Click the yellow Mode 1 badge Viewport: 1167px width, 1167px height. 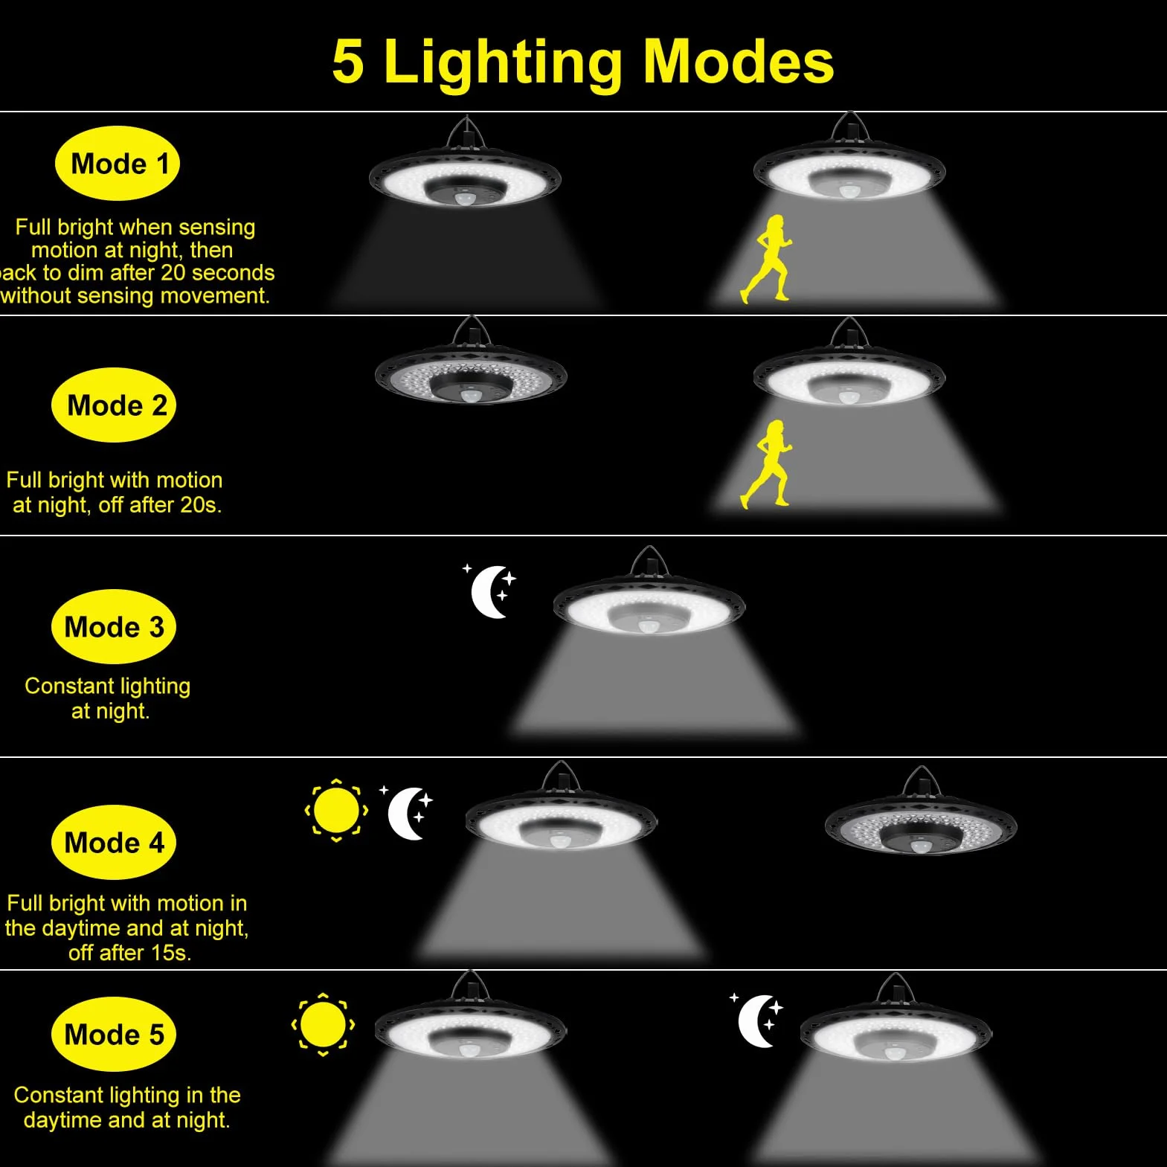[118, 164]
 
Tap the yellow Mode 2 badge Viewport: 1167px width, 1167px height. [114, 405]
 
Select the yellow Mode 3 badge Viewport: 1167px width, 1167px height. [114, 627]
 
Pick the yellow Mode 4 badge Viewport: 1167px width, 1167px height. [114, 843]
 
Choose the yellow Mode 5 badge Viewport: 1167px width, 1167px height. [114, 1035]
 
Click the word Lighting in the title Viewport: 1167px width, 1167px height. [503, 63]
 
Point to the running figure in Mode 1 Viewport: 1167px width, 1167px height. [766, 259]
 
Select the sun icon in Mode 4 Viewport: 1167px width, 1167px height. [336, 810]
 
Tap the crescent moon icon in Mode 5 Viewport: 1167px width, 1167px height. [757, 1020]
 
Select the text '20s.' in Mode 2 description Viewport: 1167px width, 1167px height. [201, 505]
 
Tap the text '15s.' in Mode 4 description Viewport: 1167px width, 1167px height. [171, 953]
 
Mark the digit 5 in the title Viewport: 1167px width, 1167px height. [348, 62]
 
